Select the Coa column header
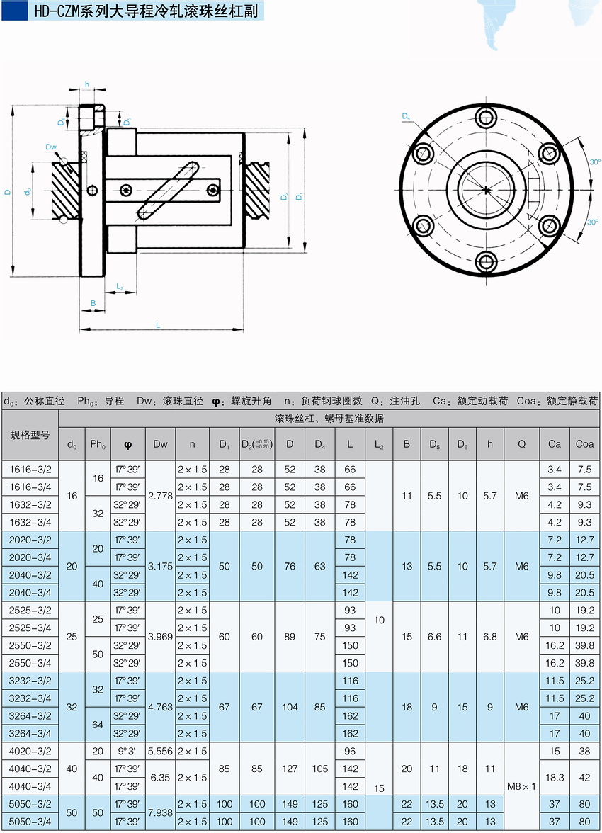[584, 444]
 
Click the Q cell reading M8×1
[521, 786]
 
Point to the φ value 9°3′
[127, 751]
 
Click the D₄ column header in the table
[320, 444]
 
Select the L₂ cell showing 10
[379, 620]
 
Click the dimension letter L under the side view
[157, 324]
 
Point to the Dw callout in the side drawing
[50, 147]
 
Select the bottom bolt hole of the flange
[487, 261]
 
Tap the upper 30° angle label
[594, 162]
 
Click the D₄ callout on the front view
[406, 116]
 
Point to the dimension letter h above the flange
[87, 84]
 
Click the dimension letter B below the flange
[93, 303]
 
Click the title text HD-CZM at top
[57, 11]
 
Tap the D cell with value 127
[290, 769]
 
